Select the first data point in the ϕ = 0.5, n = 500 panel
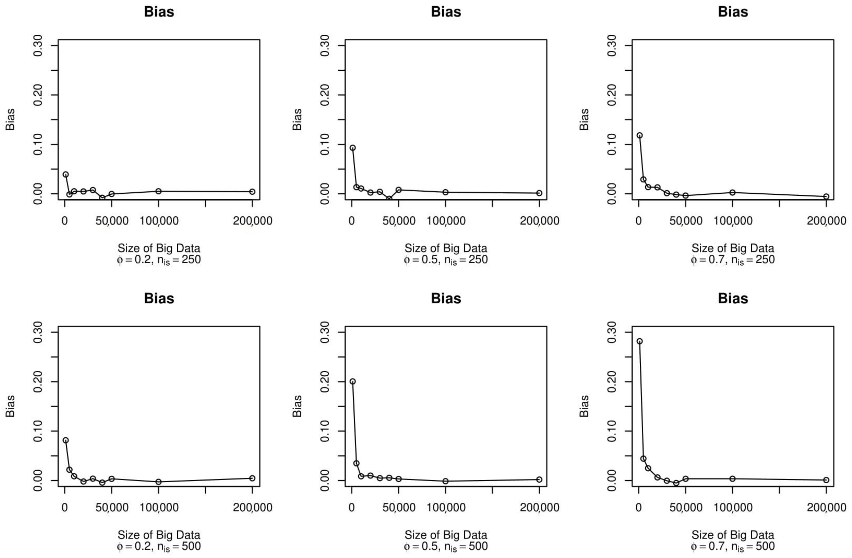click(353, 381)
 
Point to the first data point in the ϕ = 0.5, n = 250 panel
click(353, 148)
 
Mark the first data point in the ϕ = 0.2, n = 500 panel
click(65, 440)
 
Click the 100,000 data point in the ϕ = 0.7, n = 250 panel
click(732, 193)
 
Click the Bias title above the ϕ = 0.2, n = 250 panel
click(159, 12)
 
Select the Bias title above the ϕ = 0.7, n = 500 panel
click(733, 298)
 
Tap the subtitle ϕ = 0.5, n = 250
click(446, 260)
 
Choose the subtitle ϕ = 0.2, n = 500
click(159, 546)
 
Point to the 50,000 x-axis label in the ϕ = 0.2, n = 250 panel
click(112, 221)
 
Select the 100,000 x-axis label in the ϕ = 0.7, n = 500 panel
click(733, 507)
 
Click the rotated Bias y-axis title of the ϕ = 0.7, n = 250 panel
click(584, 120)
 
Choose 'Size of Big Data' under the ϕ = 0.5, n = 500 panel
click(446, 535)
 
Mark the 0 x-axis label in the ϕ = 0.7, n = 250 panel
click(639, 221)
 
